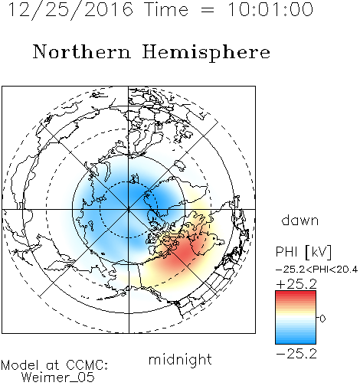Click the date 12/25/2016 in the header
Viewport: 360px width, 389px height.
(70, 9)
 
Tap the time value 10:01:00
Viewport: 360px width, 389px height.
(270, 9)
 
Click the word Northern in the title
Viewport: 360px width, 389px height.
(82, 51)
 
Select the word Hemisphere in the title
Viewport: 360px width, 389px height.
(206, 53)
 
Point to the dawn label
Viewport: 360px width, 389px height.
(300, 220)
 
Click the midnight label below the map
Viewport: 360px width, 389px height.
(180, 360)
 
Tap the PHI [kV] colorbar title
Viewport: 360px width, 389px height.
(303, 252)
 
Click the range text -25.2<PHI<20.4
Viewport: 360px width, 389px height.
(316, 270)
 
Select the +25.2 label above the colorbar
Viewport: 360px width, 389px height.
(296, 284)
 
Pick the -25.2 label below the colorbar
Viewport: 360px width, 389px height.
(296, 354)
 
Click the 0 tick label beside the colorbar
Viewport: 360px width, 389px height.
(322, 319)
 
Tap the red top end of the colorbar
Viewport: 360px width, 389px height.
(296, 293)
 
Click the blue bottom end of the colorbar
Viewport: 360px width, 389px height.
(296, 342)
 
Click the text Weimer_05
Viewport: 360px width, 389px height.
(58, 378)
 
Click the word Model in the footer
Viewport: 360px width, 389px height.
(20, 365)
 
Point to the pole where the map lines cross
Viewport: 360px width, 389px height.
(129, 209)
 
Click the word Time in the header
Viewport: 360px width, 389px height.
(166, 9)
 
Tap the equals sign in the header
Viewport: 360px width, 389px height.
(208, 10)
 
